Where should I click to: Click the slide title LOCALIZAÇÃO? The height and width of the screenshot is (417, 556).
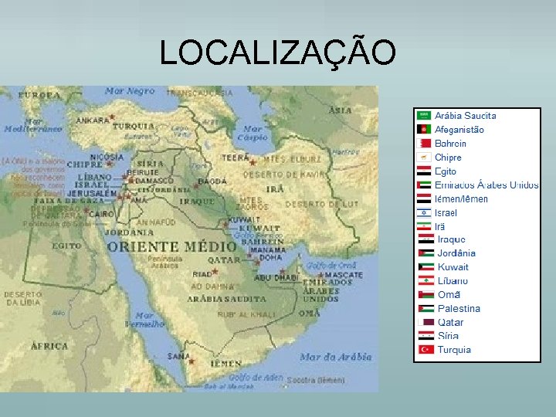coord(278,52)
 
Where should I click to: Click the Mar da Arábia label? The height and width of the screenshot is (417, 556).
coord(335,357)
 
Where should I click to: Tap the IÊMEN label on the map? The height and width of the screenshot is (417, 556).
coord(225,362)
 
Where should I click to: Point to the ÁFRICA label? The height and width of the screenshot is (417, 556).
coord(49,346)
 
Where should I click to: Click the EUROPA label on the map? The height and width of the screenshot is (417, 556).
coord(39,95)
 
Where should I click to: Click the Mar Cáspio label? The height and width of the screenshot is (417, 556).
coord(253,133)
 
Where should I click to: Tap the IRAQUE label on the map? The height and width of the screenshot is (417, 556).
coord(197,201)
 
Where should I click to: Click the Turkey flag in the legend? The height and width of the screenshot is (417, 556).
coord(424,350)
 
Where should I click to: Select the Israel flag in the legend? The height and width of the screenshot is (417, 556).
coord(424,212)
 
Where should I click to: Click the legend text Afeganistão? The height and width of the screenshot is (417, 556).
coord(459,130)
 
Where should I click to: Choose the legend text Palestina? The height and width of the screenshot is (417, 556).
coord(459,309)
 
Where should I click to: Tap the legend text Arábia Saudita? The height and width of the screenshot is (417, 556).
coord(466,116)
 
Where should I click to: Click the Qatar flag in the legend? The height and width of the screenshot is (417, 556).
coord(424,322)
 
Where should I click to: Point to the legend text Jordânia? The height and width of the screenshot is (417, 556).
coord(456,253)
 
